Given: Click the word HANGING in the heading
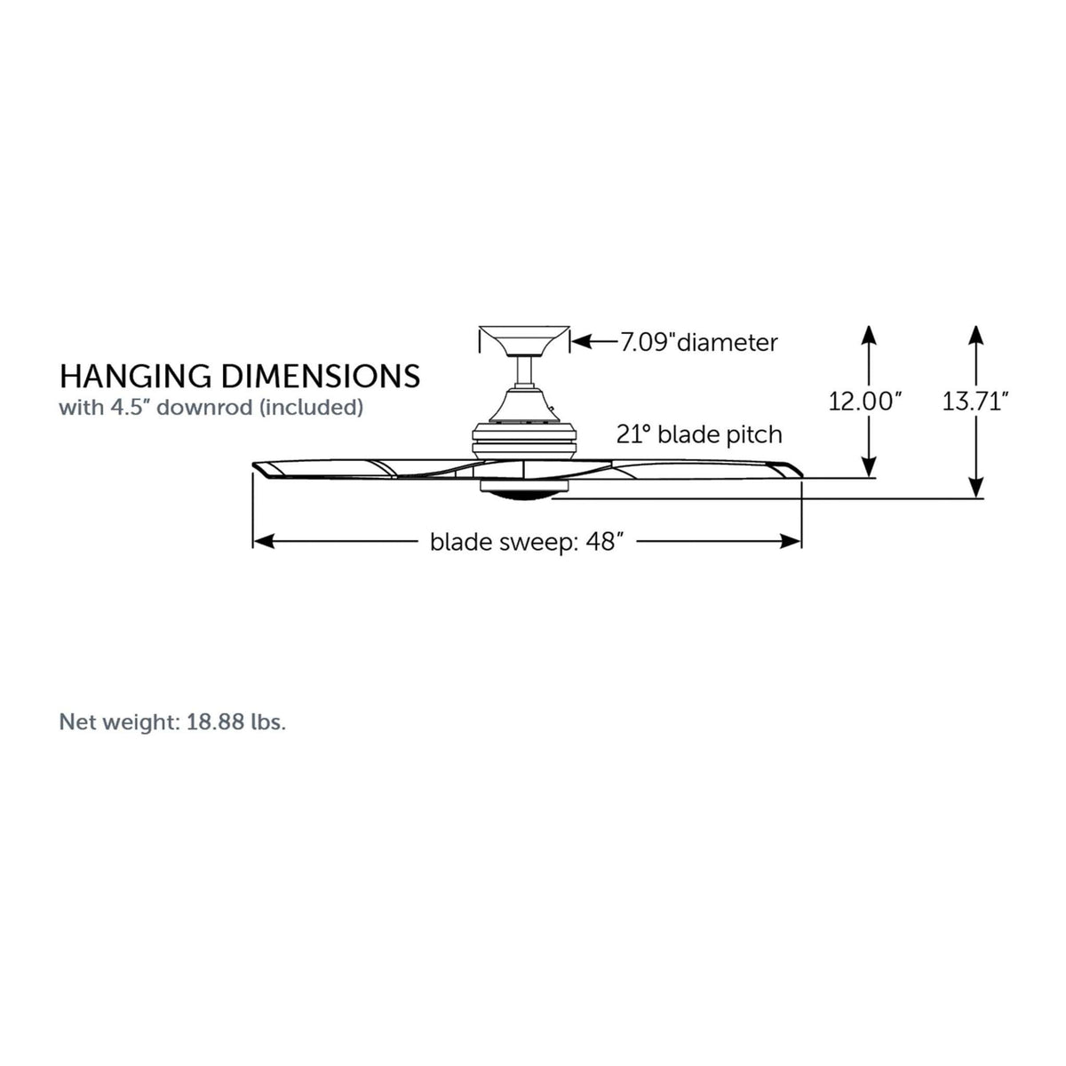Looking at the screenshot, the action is click(136, 377).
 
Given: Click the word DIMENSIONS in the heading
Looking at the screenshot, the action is click(321, 377).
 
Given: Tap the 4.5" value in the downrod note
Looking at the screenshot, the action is click(131, 407).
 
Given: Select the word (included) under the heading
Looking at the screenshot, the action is click(312, 408).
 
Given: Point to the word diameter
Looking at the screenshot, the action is click(728, 343).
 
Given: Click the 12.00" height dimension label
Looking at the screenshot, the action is click(865, 402).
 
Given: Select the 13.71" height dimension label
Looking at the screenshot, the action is click(976, 402).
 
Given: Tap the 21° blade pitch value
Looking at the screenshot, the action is click(635, 434).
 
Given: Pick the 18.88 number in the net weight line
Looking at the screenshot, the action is click(215, 722).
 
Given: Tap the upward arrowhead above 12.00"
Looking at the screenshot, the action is click(869, 336).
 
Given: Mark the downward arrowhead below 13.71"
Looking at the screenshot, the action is click(977, 488).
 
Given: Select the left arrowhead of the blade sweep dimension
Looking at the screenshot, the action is click(264, 542).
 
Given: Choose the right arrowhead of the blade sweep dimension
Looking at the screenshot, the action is click(791, 542).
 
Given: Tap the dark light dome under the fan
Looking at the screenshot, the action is click(524, 497).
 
